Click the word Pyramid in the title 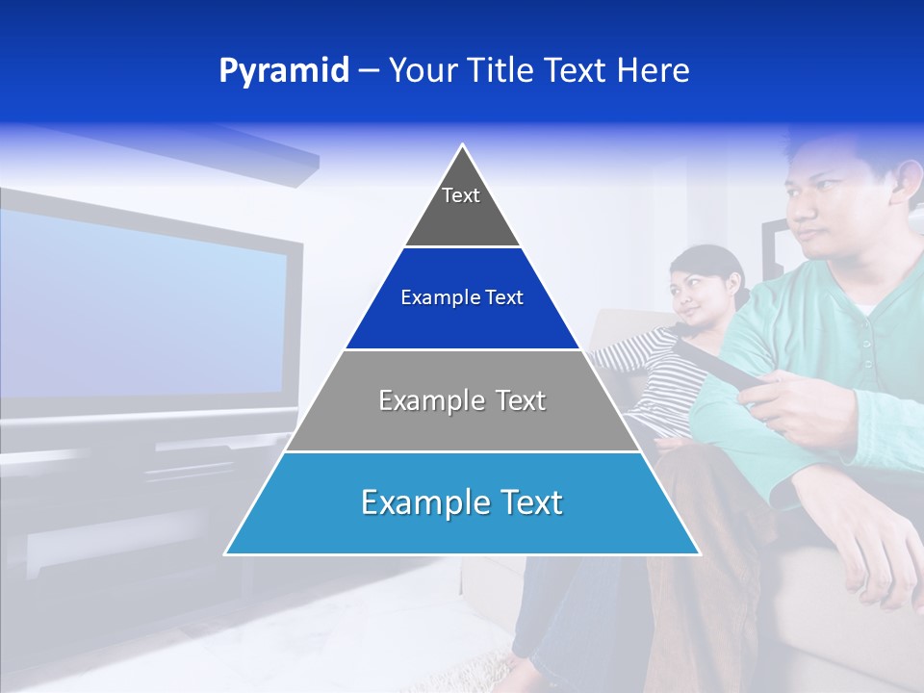pos(284,71)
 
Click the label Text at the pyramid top pos(461,195)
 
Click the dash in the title pos(369,71)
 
